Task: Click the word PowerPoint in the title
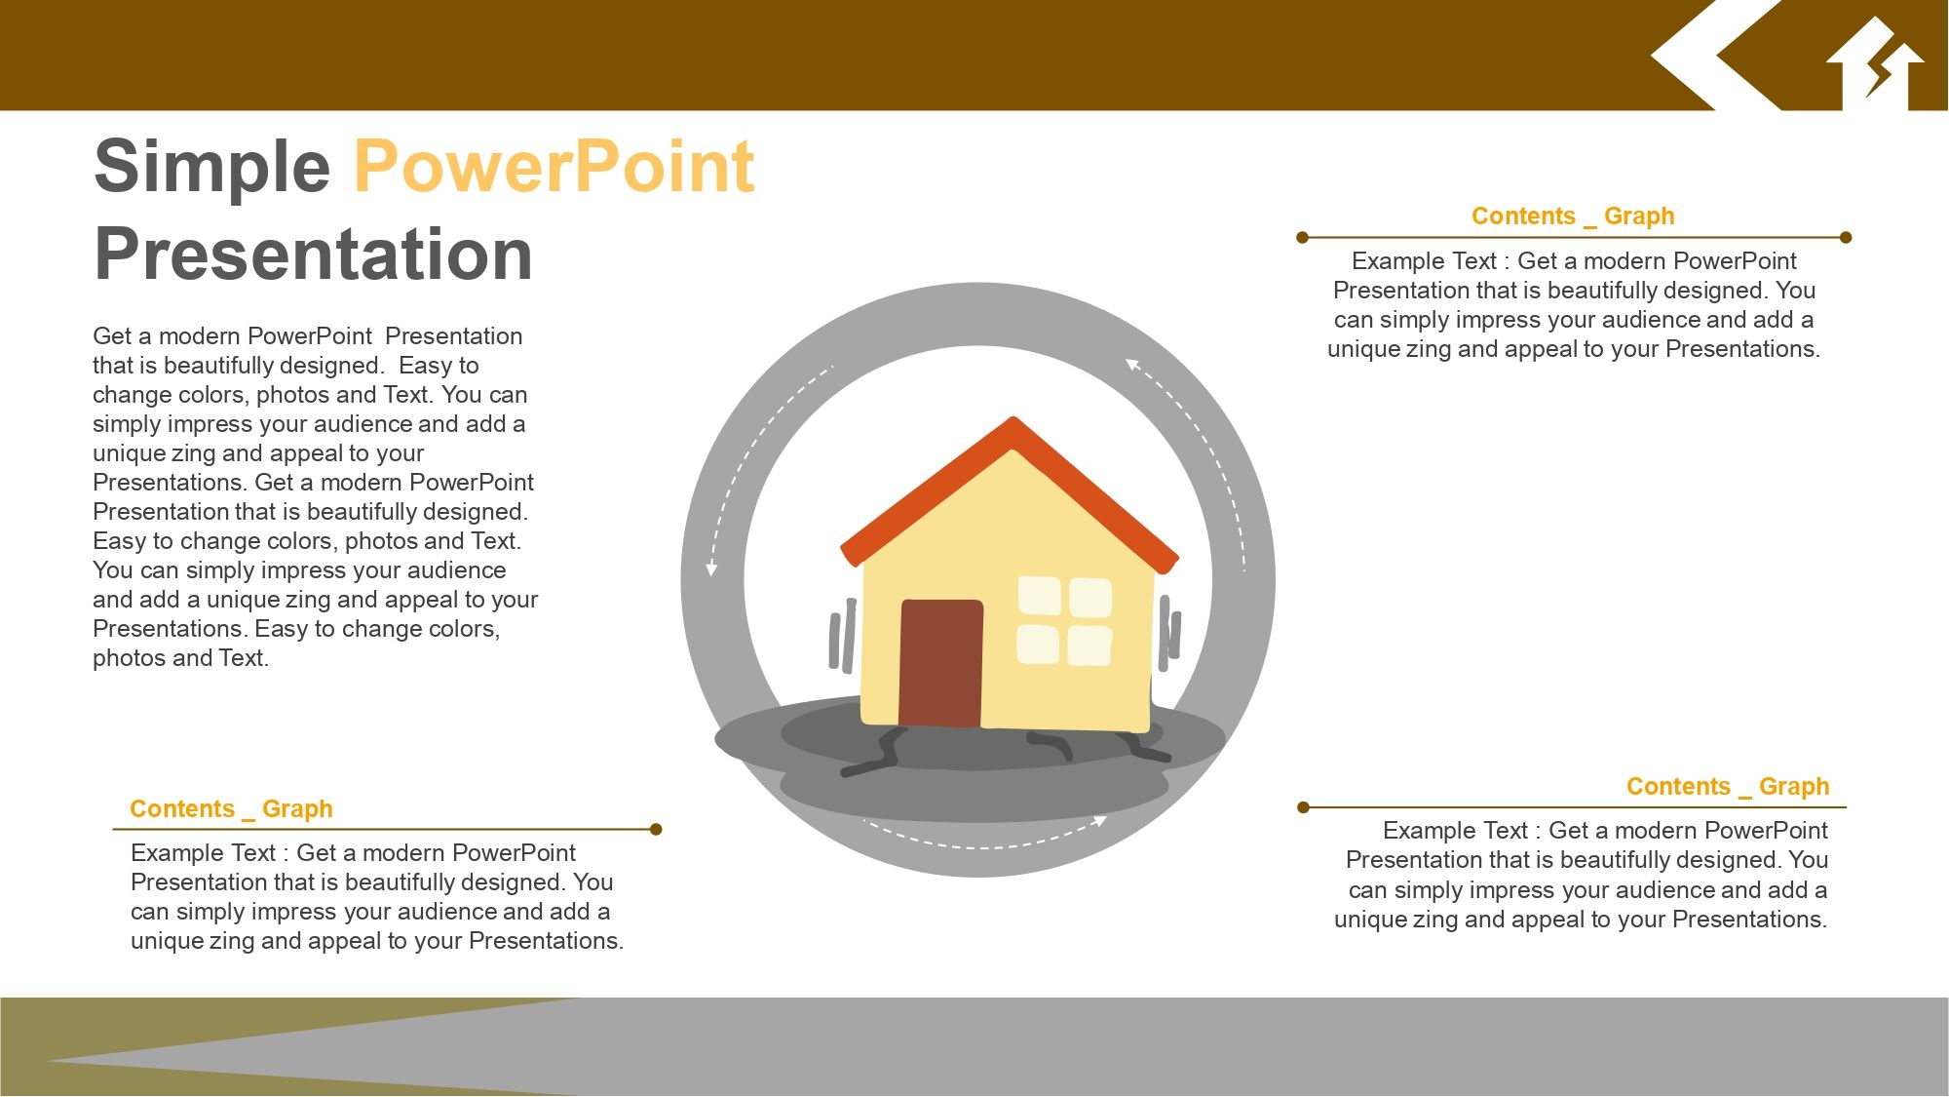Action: click(x=554, y=166)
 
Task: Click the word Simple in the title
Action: click(x=212, y=168)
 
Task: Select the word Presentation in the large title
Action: click(x=313, y=254)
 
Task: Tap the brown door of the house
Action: click(x=940, y=662)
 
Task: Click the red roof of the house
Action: click(x=1010, y=488)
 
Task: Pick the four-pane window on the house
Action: click(x=1064, y=621)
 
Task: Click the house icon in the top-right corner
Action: click(x=1875, y=64)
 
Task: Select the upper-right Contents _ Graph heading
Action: click(x=1573, y=215)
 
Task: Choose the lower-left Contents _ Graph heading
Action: click(x=231, y=808)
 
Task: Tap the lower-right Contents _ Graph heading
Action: click(x=1728, y=786)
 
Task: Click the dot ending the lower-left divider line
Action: click(x=656, y=830)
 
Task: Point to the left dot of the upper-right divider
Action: click(x=1303, y=237)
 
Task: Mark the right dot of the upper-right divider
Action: click(x=1846, y=237)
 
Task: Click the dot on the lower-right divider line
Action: click(x=1303, y=807)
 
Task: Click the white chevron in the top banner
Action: click(x=1715, y=55)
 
